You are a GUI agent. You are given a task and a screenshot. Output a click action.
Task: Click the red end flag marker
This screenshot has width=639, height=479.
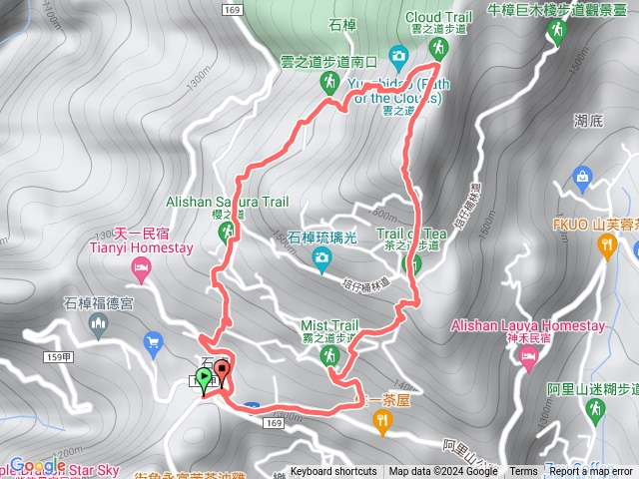coord(221,372)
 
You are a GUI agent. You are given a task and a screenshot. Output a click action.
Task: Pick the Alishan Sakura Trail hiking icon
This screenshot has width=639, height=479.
coord(227,232)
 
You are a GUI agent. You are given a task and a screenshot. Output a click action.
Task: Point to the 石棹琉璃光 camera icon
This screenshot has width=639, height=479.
coord(321,261)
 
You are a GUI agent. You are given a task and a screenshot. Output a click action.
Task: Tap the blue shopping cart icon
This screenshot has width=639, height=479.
coord(153,345)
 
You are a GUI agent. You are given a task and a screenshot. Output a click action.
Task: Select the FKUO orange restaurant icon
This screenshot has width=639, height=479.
coord(606,248)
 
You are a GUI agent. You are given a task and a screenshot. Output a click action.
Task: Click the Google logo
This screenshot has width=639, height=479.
coord(36,465)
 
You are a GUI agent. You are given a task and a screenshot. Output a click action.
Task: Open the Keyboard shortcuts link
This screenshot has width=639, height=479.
coord(333,472)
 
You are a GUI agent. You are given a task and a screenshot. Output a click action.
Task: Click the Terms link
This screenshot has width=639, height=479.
coord(523,472)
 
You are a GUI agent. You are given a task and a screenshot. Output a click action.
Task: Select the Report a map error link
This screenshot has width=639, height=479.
coord(591,472)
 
